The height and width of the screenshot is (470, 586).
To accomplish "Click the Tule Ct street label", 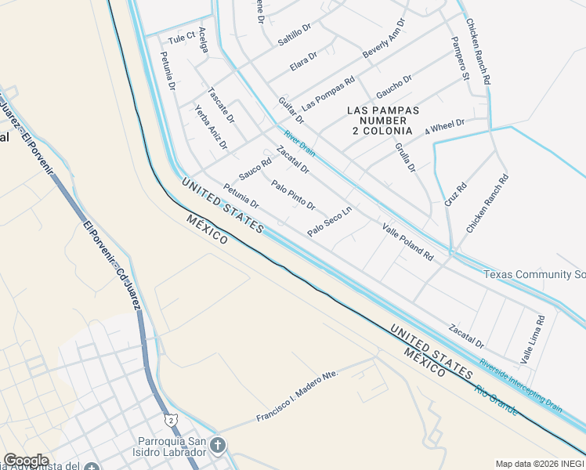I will (180, 38).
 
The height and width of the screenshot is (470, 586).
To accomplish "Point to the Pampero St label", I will (459, 58).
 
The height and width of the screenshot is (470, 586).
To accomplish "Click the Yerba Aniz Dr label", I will (212, 127).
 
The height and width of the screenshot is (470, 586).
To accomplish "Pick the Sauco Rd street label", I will (255, 168).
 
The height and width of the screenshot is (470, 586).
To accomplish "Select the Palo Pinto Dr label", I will (293, 196).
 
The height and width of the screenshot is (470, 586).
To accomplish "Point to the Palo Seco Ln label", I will (330, 222).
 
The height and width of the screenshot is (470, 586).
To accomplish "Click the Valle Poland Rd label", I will (408, 241).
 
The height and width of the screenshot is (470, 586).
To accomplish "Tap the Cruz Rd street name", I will (455, 195).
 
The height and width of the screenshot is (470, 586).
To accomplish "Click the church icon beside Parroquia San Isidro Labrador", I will (217, 447).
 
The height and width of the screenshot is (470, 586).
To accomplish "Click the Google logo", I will (26, 461).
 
